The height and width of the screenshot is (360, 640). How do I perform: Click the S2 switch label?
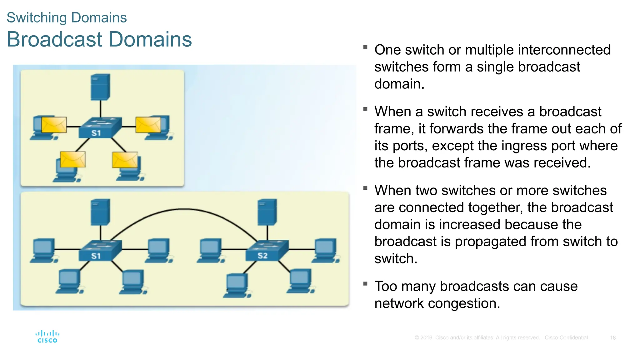tap(262, 256)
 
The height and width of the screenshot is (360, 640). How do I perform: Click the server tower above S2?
tap(267, 212)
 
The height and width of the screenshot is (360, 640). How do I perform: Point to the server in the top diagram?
tap(100, 87)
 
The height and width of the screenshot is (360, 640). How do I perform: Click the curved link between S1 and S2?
tap(184, 209)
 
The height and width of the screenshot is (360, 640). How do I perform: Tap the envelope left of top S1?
tap(54, 125)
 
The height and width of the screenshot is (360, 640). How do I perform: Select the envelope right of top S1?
tap(148, 125)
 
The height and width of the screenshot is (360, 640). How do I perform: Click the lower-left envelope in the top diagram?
tap(72, 159)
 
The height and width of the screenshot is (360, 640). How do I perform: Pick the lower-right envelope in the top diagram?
tap(125, 160)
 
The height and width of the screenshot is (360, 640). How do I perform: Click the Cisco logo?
tap(47, 337)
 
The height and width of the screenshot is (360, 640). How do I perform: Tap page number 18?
tap(612, 338)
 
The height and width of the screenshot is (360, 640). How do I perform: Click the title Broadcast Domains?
tap(99, 39)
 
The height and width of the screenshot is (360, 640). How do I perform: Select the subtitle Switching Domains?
tap(67, 17)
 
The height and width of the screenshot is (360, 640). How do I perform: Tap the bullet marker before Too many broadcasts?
tap(365, 283)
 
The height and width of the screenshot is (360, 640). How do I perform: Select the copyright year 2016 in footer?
tap(426, 338)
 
